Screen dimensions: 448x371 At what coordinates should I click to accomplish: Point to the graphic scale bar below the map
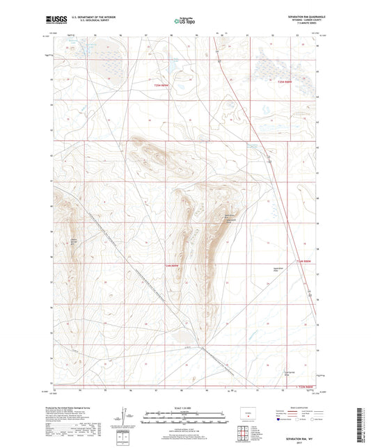[184, 420]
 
